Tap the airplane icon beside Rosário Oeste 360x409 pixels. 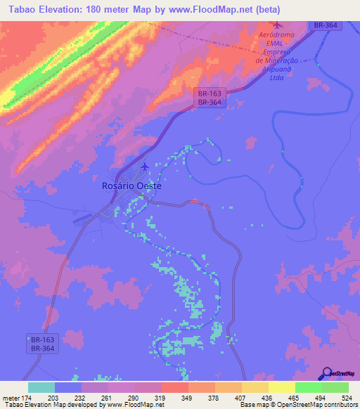tap(145, 167)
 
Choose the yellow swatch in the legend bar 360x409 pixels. tap(281, 387)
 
